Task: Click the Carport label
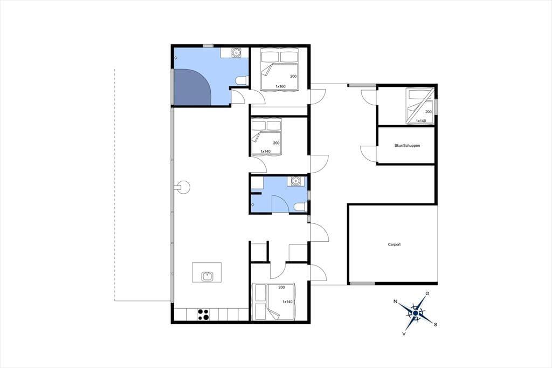click(394, 244)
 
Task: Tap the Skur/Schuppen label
click(407, 145)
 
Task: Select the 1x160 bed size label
click(280, 86)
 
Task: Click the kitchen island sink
click(207, 276)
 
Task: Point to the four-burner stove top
click(203, 315)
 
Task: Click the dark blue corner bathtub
click(192, 87)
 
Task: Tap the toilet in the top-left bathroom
click(242, 81)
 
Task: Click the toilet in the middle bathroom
click(301, 207)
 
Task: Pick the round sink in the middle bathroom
click(295, 181)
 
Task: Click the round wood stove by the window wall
click(183, 187)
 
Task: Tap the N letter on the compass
click(395, 302)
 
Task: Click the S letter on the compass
click(436, 325)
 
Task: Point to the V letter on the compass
click(404, 333)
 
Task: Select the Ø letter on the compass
click(427, 294)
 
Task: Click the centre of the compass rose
click(416, 313)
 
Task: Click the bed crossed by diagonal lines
click(419, 106)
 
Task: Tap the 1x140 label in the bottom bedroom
click(287, 302)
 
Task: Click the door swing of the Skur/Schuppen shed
click(369, 153)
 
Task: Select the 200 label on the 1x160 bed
click(293, 77)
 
